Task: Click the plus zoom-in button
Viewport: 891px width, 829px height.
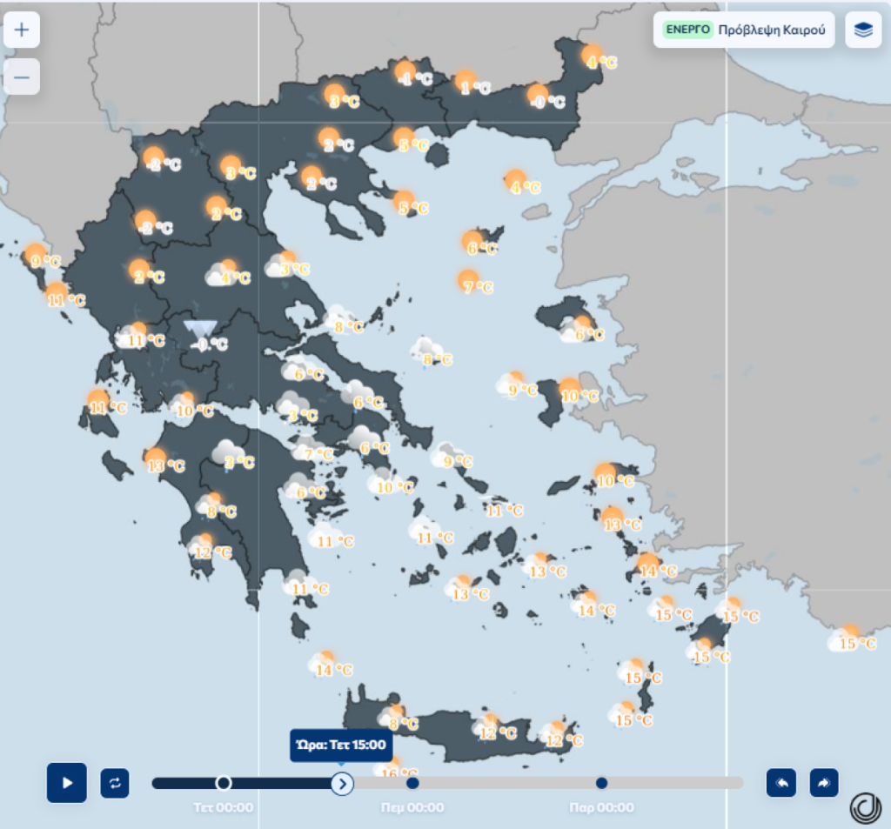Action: tap(22, 30)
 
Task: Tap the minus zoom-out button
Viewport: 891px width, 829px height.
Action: tap(22, 77)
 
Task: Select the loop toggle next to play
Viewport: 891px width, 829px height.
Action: tap(115, 782)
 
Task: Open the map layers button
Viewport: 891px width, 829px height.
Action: tap(863, 30)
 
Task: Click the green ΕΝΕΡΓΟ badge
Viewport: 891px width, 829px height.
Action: tap(687, 30)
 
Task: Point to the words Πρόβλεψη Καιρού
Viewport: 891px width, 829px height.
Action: tap(771, 30)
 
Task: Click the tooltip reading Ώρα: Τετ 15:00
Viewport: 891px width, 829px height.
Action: tap(341, 745)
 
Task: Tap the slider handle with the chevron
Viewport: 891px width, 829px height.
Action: tap(342, 783)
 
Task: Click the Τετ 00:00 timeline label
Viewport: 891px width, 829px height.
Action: tap(224, 807)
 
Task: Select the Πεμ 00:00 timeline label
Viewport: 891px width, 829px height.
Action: tap(412, 807)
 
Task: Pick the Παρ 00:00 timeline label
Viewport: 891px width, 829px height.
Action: tap(601, 807)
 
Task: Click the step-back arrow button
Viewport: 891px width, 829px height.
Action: tap(780, 782)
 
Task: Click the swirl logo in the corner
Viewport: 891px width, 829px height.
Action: tap(866, 808)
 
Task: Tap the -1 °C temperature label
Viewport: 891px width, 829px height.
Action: tap(416, 79)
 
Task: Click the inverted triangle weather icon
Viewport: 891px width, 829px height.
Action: tap(200, 330)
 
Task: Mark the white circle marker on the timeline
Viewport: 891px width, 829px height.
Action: tap(224, 783)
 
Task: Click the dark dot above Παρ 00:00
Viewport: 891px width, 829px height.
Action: tap(601, 783)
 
